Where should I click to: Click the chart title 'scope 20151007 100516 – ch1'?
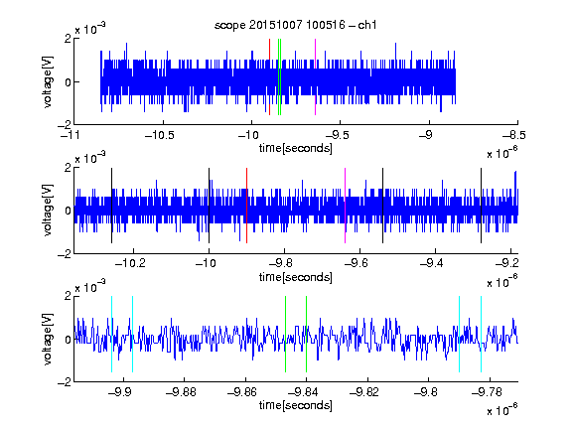(296, 25)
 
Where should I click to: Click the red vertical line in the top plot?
(269, 77)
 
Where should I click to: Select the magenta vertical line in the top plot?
(315, 77)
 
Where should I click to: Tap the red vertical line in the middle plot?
(247, 206)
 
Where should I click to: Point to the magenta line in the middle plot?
(346, 206)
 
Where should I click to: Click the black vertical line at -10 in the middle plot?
(209, 206)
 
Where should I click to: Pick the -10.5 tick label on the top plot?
(160, 136)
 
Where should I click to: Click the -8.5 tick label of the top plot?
(514, 136)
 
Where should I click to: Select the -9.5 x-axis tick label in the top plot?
(337, 136)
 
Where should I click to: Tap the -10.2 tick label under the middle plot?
(130, 263)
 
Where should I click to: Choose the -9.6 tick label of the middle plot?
(356, 263)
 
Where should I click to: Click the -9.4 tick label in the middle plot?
(431, 263)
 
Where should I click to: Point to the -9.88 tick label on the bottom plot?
(181, 392)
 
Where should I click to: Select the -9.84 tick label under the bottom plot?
(303, 392)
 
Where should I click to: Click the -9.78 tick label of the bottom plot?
(487, 392)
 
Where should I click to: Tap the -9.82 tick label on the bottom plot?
(364, 392)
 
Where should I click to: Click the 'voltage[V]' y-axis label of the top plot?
(48, 81)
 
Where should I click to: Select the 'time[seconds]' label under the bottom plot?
(296, 405)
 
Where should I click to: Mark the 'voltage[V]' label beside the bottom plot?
(48, 339)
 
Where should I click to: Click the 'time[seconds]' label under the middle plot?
(296, 277)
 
